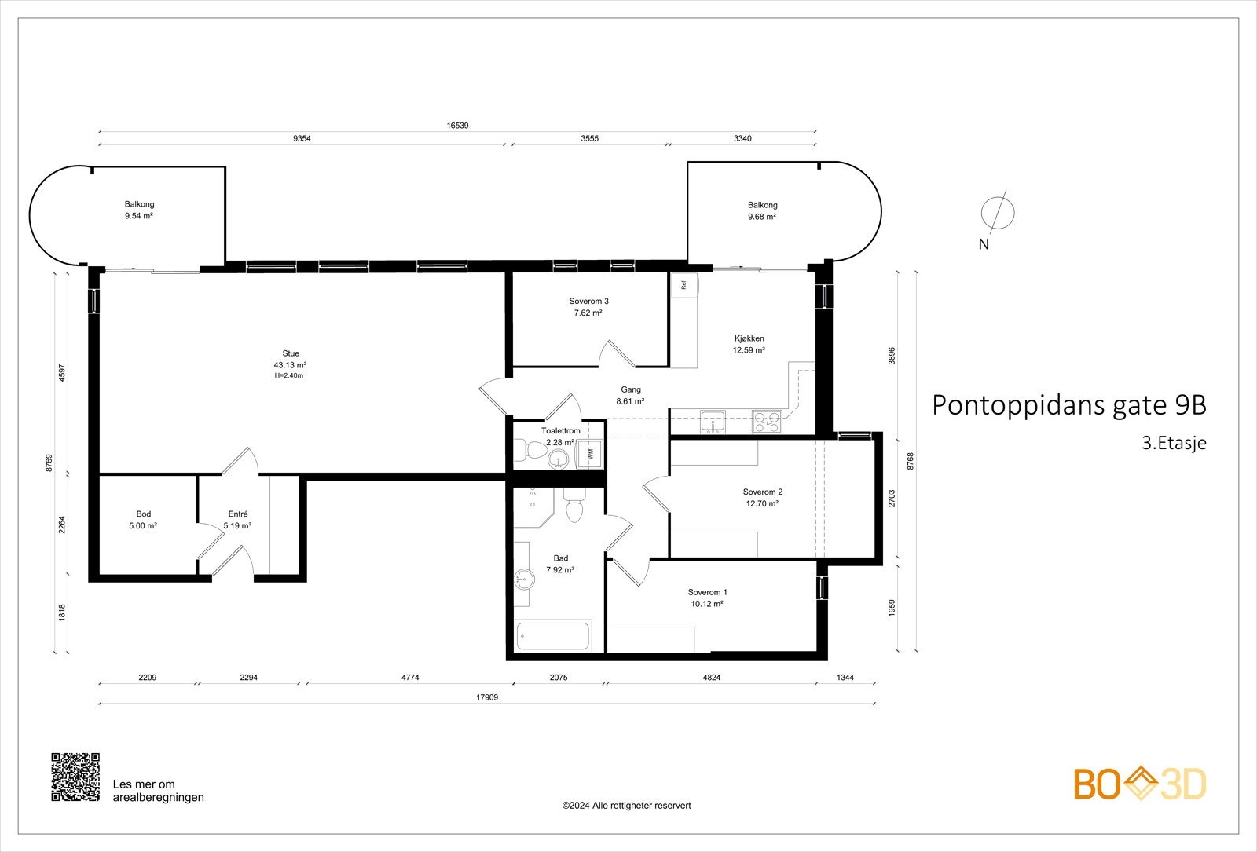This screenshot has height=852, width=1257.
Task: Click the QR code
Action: click(75, 777)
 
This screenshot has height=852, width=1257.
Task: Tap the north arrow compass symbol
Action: click(998, 213)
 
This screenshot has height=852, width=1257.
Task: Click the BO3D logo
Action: click(1140, 784)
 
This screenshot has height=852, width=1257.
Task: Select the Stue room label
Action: click(291, 353)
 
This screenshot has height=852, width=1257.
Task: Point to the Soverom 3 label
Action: click(588, 302)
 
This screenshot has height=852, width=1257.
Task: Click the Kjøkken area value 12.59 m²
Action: click(749, 351)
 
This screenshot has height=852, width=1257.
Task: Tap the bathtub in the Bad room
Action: click(553, 636)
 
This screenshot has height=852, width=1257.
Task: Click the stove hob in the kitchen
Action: click(766, 422)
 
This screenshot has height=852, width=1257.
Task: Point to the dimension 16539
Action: click(457, 126)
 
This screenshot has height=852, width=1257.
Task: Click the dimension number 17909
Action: click(486, 697)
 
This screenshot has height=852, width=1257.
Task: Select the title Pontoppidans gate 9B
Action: click(1068, 405)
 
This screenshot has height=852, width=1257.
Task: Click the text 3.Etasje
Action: click(1174, 443)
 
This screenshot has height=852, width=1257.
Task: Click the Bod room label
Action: click(143, 514)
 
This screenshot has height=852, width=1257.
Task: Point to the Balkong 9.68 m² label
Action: click(762, 210)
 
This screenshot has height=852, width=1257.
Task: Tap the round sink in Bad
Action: click(524, 580)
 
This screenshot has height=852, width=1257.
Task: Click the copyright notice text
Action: click(626, 805)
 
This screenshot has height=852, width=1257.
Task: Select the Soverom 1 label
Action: click(707, 592)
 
